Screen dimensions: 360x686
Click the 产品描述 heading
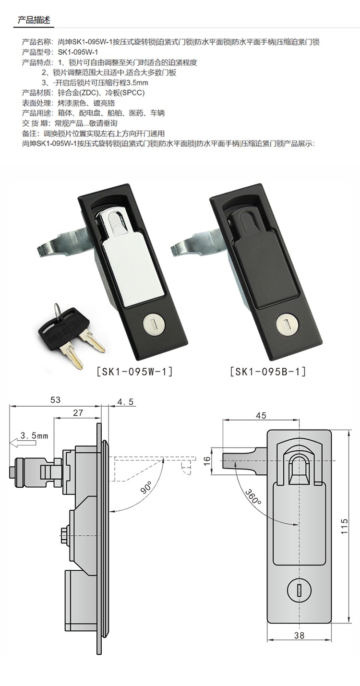(x=34, y=20)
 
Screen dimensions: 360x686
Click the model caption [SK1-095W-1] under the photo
(x=135, y=372)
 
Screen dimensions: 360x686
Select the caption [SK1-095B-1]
(x=268, y=372)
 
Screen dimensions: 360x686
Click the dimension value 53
(x=55, y=400)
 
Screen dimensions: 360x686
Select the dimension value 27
(x=78, y=413)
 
